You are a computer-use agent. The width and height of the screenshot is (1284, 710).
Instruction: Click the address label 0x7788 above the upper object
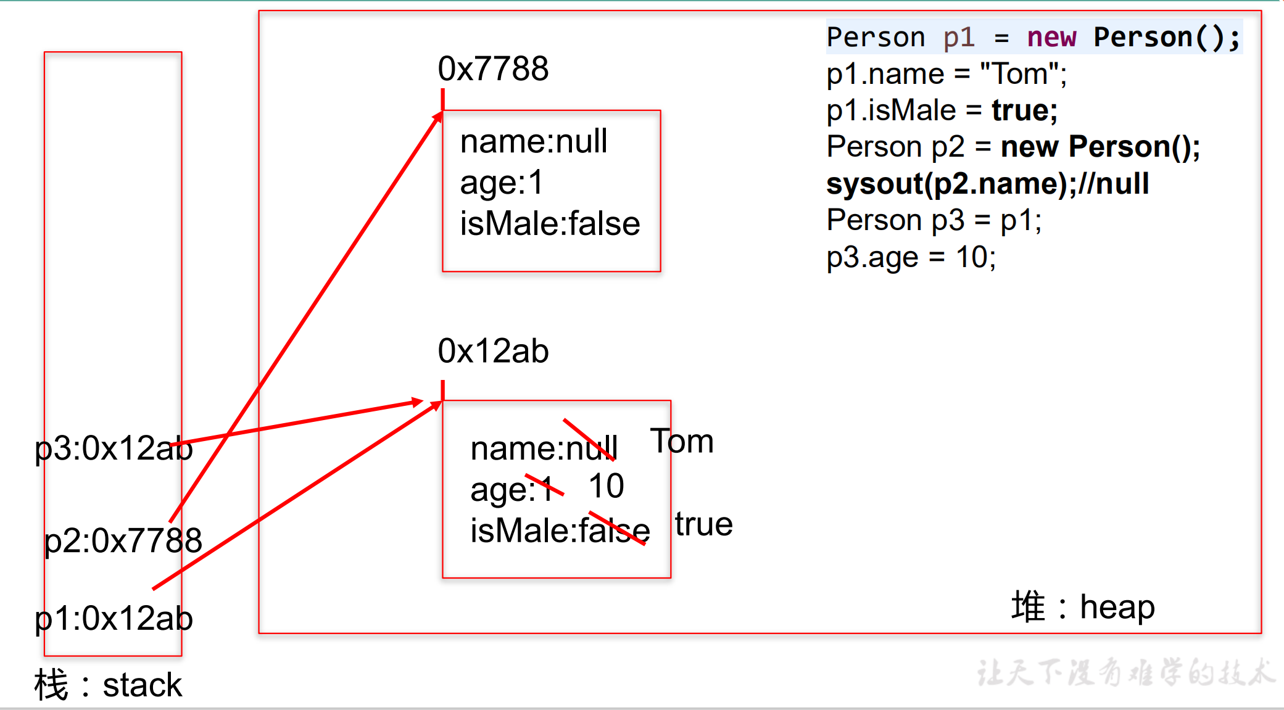pos(493,68)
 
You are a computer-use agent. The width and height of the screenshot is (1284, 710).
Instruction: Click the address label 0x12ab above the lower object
pos(493,351)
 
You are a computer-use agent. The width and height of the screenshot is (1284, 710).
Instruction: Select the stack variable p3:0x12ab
pos(114,448)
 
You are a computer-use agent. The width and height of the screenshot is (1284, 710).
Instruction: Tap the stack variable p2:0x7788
pos(123,541)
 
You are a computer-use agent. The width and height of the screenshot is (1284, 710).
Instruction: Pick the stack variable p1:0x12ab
pos(114,619)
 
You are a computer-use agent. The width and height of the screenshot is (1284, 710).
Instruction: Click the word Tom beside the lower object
pos(682,442)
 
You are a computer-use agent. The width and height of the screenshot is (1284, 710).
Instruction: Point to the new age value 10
pos(607,486)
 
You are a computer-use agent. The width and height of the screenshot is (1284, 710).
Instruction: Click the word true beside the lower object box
pos(703,524)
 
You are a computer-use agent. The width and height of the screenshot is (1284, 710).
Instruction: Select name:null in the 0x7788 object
pos(534,141)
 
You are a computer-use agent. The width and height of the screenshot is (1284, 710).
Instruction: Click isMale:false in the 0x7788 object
pos(550,223)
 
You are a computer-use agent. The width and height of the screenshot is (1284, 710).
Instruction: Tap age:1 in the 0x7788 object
pos(501,183)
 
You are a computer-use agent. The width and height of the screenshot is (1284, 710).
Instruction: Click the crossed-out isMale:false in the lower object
pos(560,530)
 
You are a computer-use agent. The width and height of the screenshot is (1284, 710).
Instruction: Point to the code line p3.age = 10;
pos(911,257)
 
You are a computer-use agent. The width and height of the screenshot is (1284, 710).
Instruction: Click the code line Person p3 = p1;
pos(934,220)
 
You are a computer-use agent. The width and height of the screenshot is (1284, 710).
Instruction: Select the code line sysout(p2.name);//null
pos(987,184)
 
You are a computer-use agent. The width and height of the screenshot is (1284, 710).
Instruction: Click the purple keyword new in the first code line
pos(1051,38)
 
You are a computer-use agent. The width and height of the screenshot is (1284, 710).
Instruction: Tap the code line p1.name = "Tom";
pos(946,74)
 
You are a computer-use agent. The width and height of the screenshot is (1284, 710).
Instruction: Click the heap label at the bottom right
pos(1117,607)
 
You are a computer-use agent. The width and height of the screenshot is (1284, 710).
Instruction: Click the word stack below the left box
pos(142,685)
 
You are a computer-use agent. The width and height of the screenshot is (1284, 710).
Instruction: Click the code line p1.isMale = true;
pos(942,110)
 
